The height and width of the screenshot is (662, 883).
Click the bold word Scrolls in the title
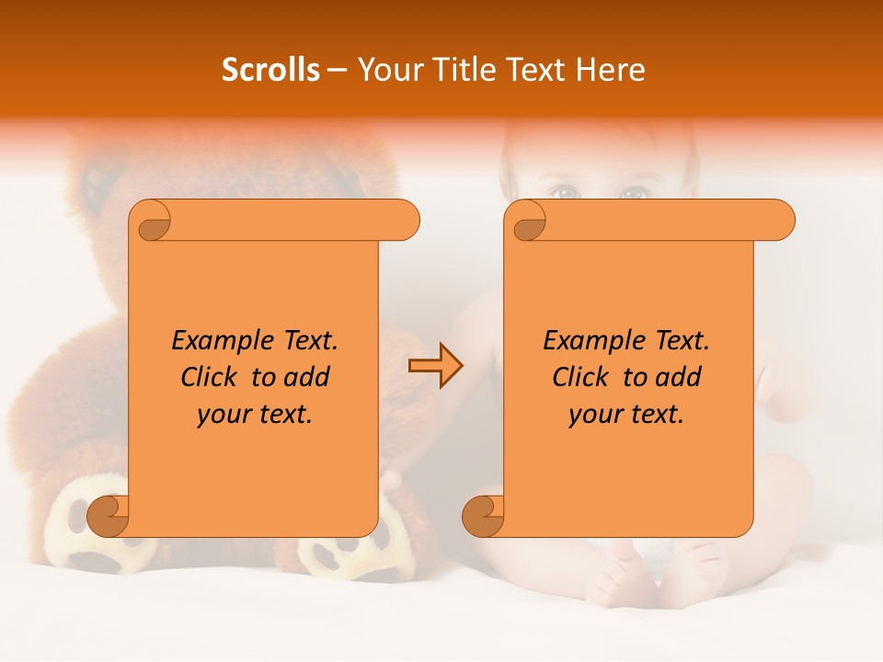pyautogui.click(x=270, y=70)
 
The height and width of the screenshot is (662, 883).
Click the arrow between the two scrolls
pyautogui.click(x=435, y=365)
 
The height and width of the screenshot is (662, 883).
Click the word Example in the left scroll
pyautogui.click(x=214, y=341)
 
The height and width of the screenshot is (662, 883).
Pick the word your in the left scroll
pyautogui.click(x=224, y=415)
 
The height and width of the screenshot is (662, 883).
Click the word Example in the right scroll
pyautogui.click(x=586, y=341)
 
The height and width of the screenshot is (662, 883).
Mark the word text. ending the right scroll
pyautogui.click(x=655, y=415)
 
